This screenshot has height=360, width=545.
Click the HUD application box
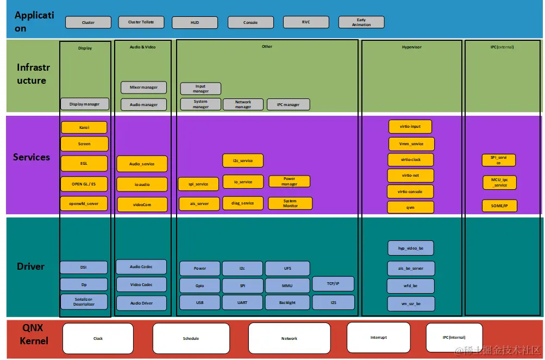click(x=195, y=22)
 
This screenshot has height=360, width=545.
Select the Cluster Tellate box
click(x=141, y=22)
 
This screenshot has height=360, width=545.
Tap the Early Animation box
click(x=361, y=22)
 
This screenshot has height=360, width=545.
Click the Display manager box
click(x=84, y=104)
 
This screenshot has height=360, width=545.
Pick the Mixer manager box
click(x=143, y=87)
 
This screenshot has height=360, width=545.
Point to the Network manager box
click(x=243, y=104)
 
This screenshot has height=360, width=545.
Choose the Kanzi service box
click(x=84, y=127)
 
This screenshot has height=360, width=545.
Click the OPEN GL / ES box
click(x=84, y=184)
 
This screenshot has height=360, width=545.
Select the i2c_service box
click(x=243, y=160)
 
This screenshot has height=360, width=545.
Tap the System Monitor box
click(x=290, y=203)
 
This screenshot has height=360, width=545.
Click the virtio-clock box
click(x=410, y=160)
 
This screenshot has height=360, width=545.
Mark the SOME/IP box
click(x=499, y=206)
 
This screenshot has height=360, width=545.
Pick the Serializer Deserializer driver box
click(x=84, y=302)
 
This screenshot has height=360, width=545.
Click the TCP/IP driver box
click(x=333, y=284)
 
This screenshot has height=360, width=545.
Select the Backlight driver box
click(x=287, y=302)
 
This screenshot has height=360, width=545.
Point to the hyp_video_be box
click(x=411, y=248)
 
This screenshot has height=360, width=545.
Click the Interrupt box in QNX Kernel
click(x=378, y=337)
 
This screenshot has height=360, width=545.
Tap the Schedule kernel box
click(x=190, y=338)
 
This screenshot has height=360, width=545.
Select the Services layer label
click(x=32, y=157)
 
